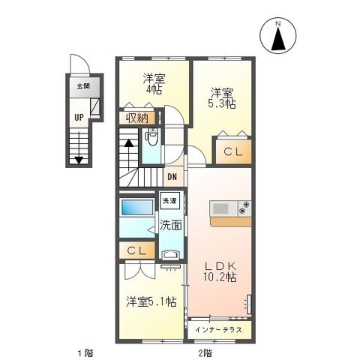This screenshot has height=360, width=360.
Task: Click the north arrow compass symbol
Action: pos(278,35)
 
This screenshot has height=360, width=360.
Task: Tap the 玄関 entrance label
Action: pos(83,86)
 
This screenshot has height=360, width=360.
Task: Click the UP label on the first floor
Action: pos(79,117)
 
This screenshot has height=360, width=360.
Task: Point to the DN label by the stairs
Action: pos(172,177)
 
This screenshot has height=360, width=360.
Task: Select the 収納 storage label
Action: pos(137,118)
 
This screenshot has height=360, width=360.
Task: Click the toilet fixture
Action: pos(151,136)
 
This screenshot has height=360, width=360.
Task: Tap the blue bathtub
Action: pos(137,206)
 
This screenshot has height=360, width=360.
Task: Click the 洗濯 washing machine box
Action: pos(169,200)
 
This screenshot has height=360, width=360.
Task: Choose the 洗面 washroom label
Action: pos(170,225)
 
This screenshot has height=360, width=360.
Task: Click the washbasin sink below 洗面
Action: pos(171,254)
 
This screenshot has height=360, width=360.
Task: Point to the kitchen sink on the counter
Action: pos(220,208)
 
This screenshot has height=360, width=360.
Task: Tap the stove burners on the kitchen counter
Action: pos(244,208)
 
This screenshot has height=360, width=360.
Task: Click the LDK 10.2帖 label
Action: pos(220,271)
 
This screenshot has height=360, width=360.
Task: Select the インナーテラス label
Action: pos(218,330)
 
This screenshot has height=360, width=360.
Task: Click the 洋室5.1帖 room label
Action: pos(151,301)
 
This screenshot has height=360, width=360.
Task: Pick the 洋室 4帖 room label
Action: pos(154,84)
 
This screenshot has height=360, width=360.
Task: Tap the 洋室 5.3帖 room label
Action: pos(222,98)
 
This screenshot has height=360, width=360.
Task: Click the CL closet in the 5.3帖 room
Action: pos(233,151)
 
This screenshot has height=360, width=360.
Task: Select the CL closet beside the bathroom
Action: pos(136,250)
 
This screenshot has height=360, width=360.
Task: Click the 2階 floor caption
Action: pos(205,353)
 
